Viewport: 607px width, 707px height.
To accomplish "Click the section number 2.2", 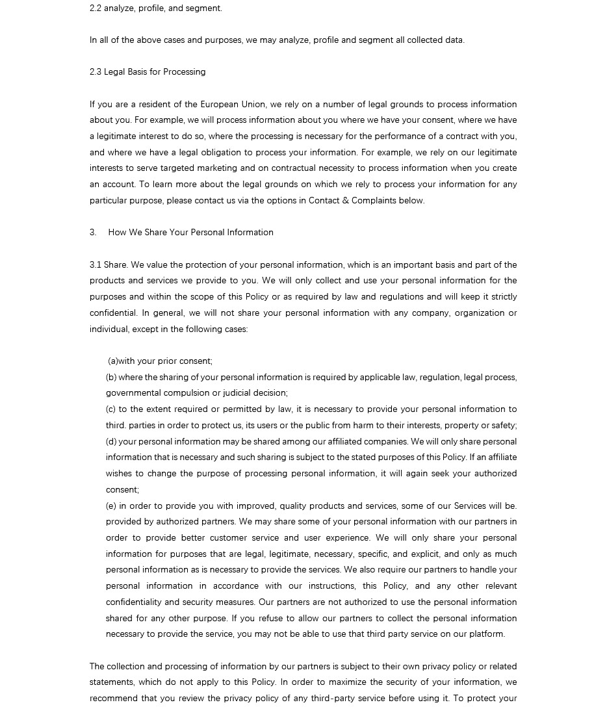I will pos(96,8).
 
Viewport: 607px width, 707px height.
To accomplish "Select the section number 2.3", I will pos(96,72).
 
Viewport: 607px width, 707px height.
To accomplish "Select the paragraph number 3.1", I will pos(96,264).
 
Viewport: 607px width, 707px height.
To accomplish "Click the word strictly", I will pos(502,297).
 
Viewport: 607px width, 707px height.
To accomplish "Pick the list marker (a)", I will pos(113,361).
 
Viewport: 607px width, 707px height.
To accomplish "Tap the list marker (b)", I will pos(111,377).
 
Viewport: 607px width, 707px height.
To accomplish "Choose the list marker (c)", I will pos(111,409).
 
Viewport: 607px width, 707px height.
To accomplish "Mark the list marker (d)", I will pos(111,441).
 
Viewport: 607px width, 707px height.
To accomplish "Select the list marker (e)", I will pos(111,506).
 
